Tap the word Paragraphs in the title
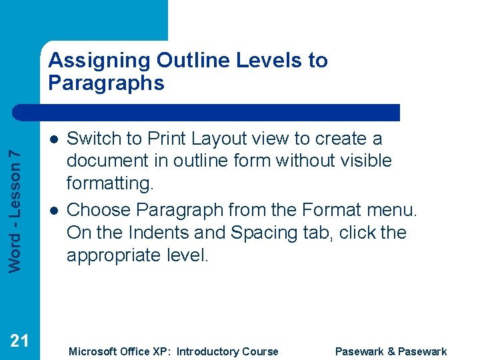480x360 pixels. pos(106,83)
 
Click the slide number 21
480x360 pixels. pos(19,341)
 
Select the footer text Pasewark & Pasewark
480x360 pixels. pos(391,351)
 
